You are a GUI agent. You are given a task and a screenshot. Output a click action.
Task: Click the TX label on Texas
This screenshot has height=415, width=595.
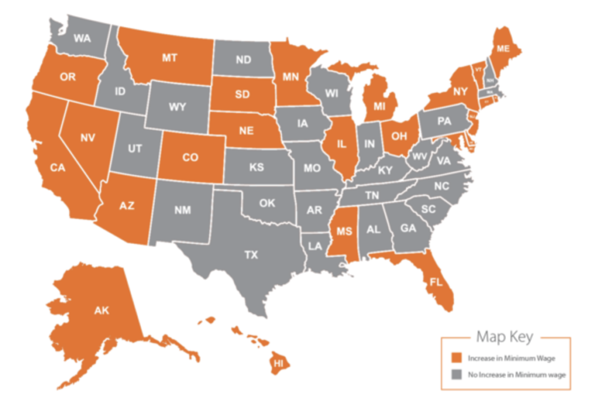pos(251,255)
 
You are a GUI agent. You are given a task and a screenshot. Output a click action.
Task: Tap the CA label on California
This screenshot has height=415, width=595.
pos(57,168)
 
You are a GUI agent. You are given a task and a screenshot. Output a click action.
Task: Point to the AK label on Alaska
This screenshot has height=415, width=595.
pos(101,311)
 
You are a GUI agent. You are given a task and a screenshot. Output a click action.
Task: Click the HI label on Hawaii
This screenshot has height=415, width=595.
pos(279,363)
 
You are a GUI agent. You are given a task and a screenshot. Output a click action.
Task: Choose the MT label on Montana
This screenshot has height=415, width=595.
pos(170,57)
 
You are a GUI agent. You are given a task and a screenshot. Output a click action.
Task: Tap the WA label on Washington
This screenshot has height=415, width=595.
pos(82,39)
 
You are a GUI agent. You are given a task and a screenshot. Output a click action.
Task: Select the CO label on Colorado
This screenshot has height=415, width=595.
pos(189,157)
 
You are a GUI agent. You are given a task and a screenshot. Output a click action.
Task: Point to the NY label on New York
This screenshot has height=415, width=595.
pos(460,91)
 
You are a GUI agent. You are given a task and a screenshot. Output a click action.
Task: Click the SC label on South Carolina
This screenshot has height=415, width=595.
pos(428,209)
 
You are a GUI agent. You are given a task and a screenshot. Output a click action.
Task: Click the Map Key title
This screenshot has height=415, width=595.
pos(504,336)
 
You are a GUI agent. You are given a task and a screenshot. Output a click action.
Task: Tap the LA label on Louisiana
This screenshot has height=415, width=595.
pos(314,246)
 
